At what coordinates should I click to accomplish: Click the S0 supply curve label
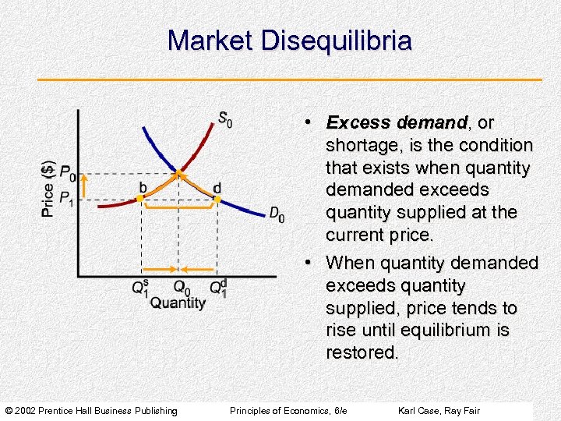(x=224, y=119)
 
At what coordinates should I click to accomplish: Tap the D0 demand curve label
(x=277, y=214)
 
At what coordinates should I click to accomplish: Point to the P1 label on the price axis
(x=69, y=198)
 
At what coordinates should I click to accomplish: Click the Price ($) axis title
(x=48, y=189)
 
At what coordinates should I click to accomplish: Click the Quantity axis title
(x=178, y=303)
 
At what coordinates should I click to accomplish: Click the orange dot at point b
(x=139, y=199)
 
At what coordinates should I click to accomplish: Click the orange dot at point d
(x=217, y=200)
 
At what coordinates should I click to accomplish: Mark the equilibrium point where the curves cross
(x=178, y=172)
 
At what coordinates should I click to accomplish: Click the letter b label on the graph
(x=143, y=187)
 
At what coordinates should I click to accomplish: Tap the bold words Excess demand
(x=397, y=123)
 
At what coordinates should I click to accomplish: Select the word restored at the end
(x=362, y=352)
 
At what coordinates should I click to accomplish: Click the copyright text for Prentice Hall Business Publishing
(x=91, y=411)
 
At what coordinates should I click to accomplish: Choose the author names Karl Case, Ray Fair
(x=439, y=411)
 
